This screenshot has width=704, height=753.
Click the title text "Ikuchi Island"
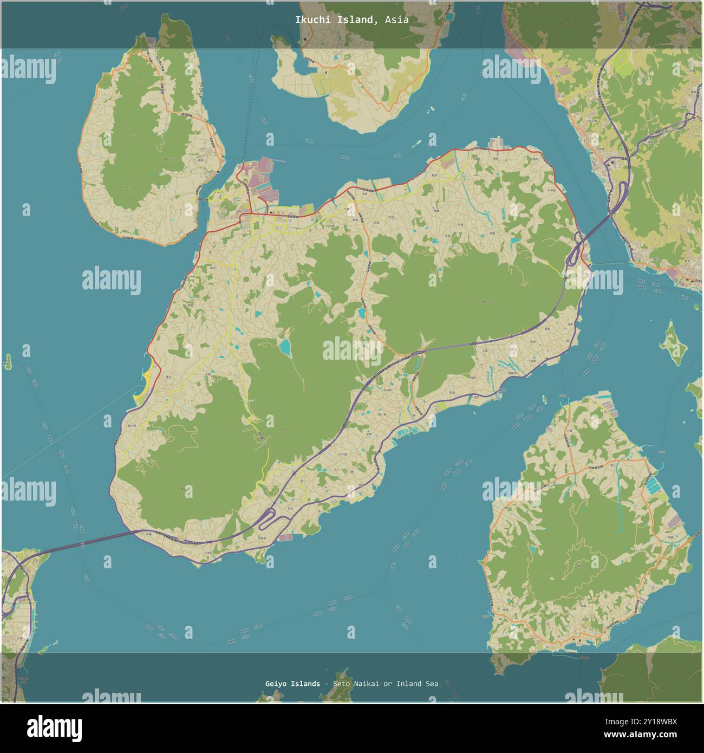coord(334,20)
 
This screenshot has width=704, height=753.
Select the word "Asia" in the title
coord(397,20)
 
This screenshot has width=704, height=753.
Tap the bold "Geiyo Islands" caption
coord(292,684)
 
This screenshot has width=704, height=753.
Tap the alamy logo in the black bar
coord(55,726)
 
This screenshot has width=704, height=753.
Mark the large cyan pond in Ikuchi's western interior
coord(284,347)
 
